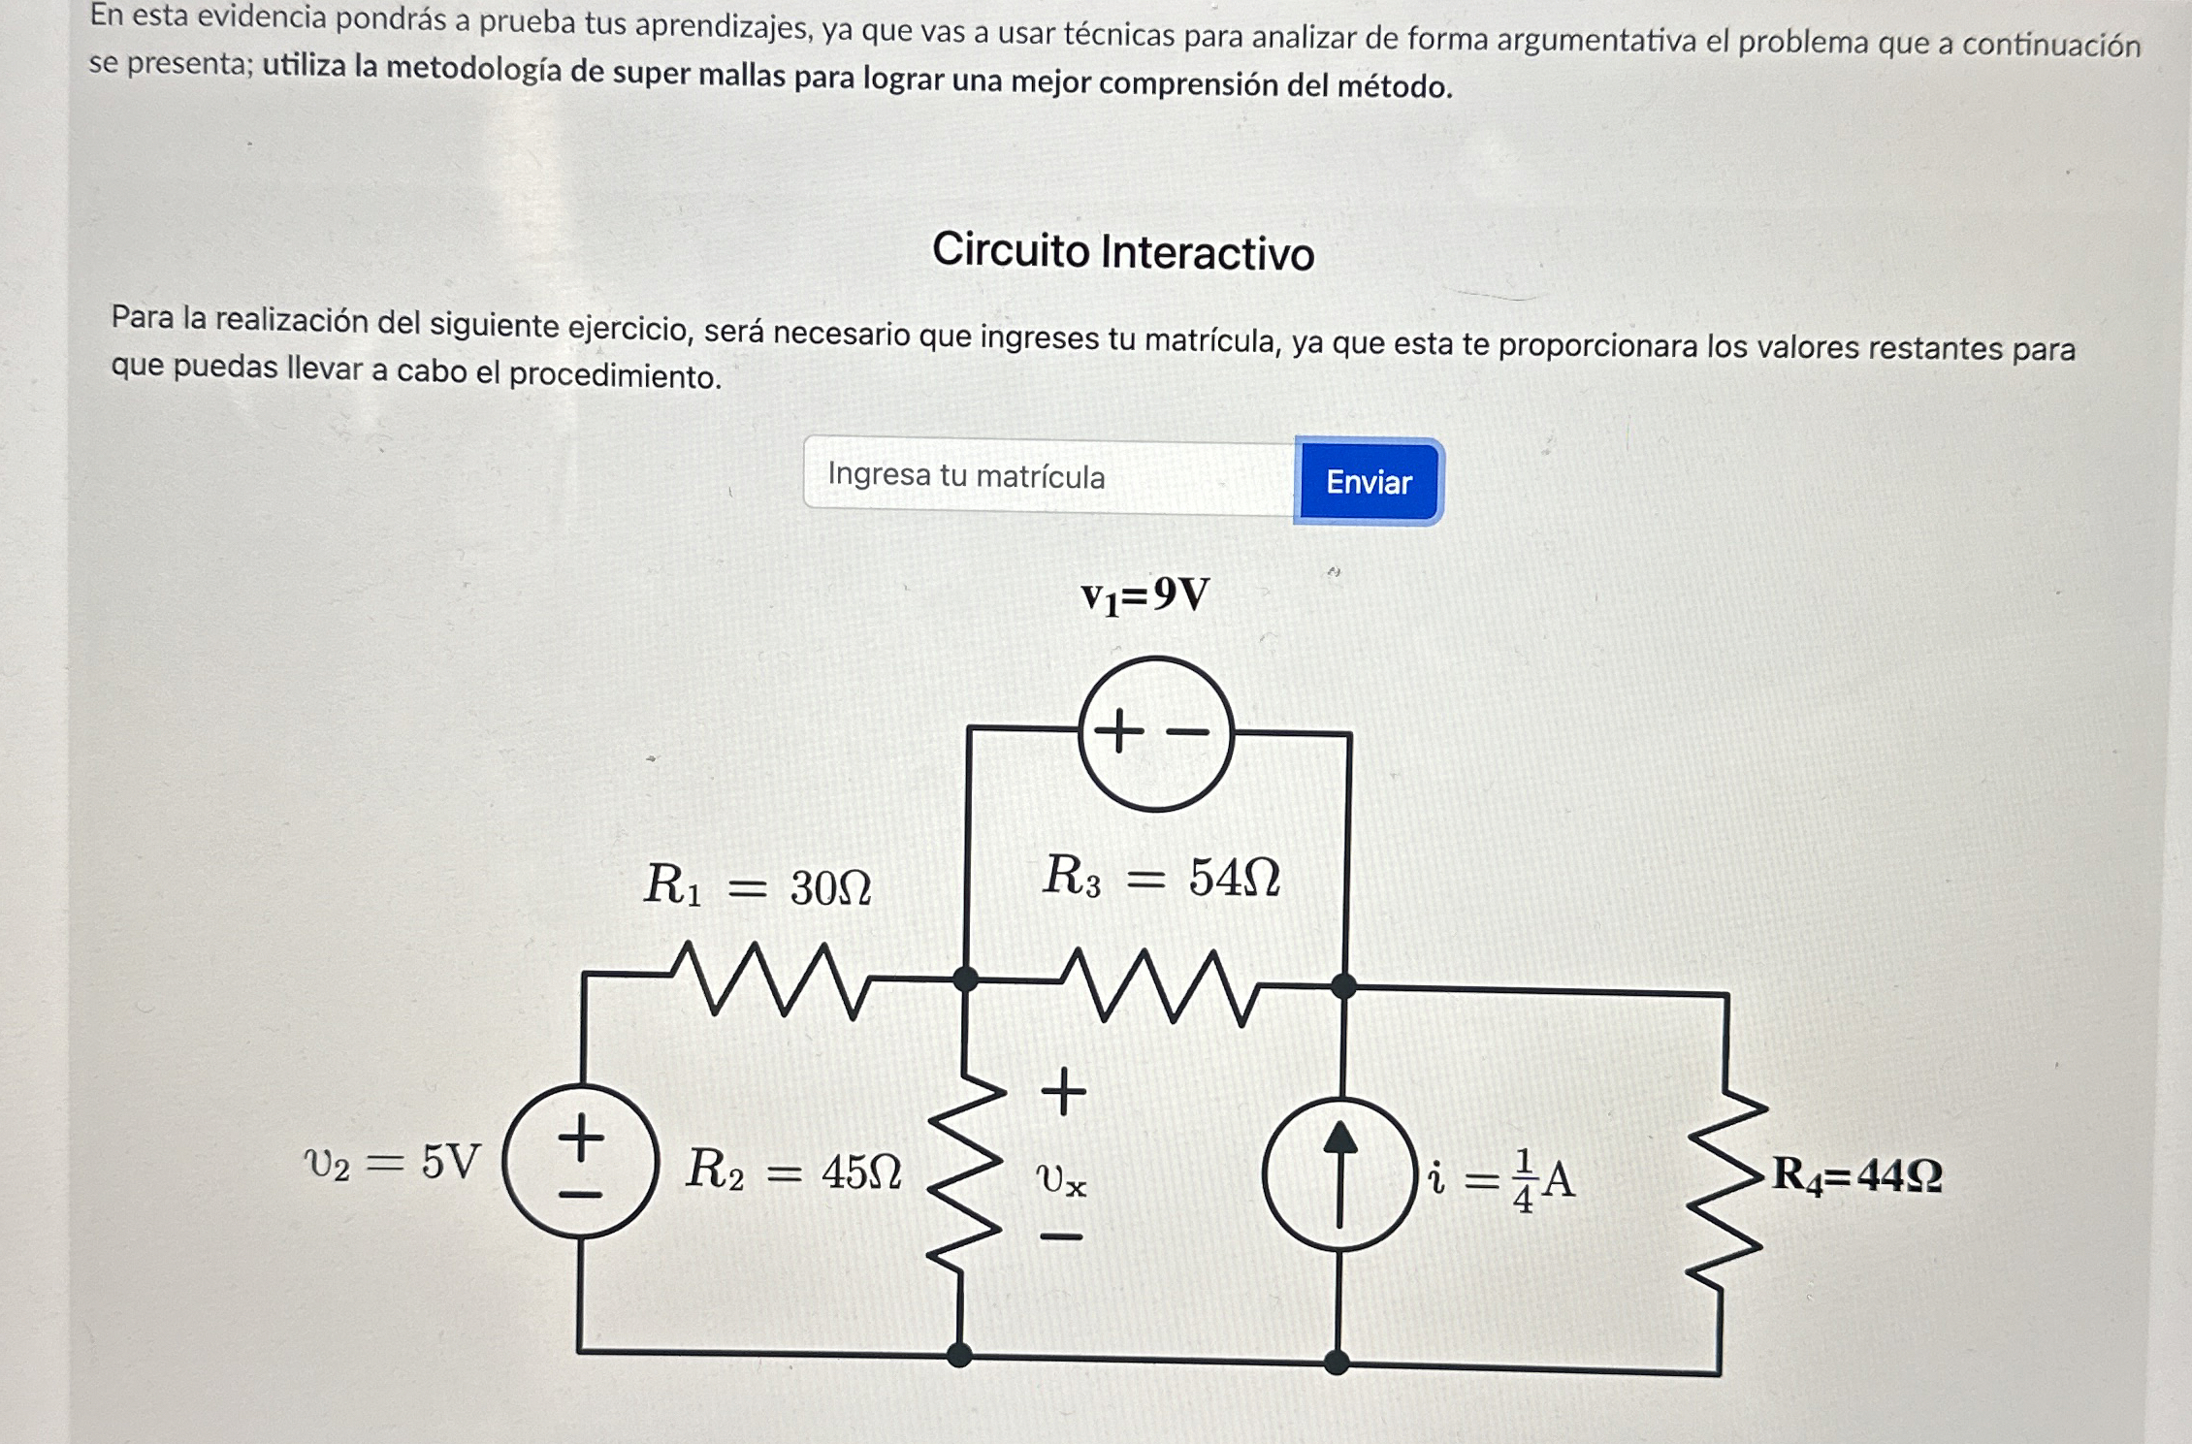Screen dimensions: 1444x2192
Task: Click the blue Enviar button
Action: pyautogui.click(x=1369, y=482)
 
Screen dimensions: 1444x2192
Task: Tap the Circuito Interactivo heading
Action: pyautogui.click(x=1123, y=251)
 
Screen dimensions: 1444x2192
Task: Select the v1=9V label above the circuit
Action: pyautogui.click(x=1145, y=595)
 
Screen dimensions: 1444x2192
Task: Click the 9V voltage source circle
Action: pyautogui.click(x=1155, y=733)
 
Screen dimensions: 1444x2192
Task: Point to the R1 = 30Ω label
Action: pyautogui.click(x=758, y=885)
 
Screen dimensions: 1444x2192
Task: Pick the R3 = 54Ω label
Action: pyautogui.click(x=1161, y=877)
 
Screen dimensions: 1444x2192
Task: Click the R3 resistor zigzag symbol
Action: pyautogui.click(x=1159, y=985)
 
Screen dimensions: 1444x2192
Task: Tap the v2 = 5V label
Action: pyautogui.click(x=392, y=1162)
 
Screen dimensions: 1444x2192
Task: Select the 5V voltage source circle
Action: pyautogui.click(x=581, y=1162)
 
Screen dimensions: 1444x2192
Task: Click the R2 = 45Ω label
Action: pyautogui.click(x=793, y=1171)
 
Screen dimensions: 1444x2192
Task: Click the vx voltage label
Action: pyautogui.click(x=1061, y=1179)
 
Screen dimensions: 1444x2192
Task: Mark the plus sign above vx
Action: pyautogui.click(x=1064, y=1092)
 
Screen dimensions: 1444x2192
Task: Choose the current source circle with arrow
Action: pyautogui.click(x=1339, y=1174)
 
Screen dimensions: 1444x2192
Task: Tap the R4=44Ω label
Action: pyautogui.click(x=1856, y=1175)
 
